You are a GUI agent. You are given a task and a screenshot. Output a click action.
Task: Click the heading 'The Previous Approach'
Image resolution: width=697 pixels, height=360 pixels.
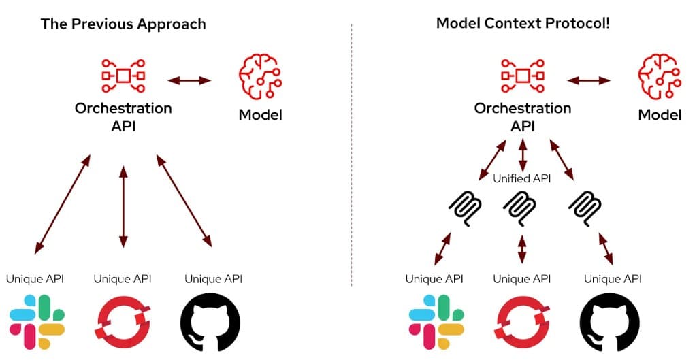tap(123, 24)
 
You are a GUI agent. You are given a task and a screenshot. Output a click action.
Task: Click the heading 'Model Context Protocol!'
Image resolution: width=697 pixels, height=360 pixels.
tap(523, 24)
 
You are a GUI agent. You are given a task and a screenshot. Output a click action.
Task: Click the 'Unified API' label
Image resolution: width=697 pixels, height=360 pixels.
tap(522, 179)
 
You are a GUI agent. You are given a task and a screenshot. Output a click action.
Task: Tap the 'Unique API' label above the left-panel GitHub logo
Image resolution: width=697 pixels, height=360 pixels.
tap(213, 279)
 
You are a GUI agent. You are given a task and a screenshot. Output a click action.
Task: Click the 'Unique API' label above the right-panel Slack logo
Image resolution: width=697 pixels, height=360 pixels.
tap(434, 279)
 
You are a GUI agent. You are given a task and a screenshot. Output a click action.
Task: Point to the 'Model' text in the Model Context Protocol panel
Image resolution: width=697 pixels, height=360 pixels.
tap(659, 114)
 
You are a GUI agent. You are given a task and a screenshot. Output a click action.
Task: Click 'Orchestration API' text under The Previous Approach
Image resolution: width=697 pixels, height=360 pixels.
tap(123, 116)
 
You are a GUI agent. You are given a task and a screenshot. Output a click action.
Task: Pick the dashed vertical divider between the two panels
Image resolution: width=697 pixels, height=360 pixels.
tap(352, 157)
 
